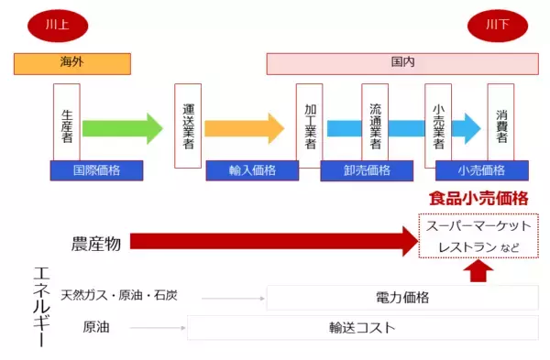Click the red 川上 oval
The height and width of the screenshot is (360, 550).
click(x=57, y=26)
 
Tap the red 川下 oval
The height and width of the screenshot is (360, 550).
click(x=495, y=26)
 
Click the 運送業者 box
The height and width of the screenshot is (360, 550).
click(x=188, y=125)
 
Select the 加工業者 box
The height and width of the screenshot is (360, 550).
click(x=310, y=125)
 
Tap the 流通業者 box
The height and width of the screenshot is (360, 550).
click(x=375, y=125)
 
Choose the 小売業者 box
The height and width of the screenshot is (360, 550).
click(x=438, y=125)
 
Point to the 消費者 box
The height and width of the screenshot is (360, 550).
click(x=500, y=125)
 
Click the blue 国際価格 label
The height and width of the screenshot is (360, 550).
click(x=97, y=170)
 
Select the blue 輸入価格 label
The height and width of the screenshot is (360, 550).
click(x=252, y=170)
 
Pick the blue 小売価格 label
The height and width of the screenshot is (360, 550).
click(x=482, y=170)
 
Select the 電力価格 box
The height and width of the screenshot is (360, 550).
click(x=402, y=298)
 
